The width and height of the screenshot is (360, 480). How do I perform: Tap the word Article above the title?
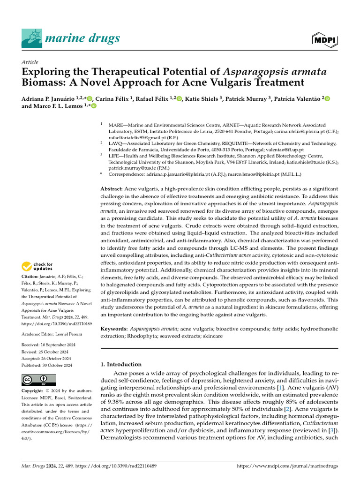coord(30,62)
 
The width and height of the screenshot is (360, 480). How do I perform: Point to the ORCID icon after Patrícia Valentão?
coord(327,98)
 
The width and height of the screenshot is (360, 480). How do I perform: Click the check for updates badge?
coord(37,267)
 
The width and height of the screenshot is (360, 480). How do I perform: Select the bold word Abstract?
coord(112,188)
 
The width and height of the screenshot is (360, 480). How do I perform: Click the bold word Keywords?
coord(114,330)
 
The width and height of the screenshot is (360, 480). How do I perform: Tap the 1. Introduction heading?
coord(121,364)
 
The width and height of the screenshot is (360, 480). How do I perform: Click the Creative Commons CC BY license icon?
coord(39,380)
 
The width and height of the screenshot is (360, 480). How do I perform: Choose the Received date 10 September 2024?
coord(55,345)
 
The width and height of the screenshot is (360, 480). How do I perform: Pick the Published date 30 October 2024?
coord(57,365)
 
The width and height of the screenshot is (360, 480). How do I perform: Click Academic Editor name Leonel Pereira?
coord(70,334)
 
